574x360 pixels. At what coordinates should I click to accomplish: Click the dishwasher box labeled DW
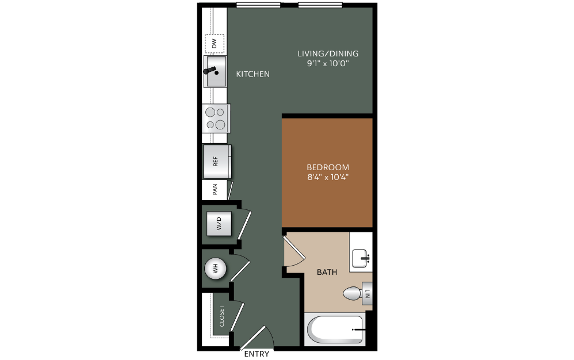pos(214,43)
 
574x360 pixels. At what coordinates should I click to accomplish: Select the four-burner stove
pos(216,118)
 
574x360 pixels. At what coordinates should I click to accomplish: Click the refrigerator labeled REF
pos(217,161)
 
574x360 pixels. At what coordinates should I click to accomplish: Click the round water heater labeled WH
pos(216,269)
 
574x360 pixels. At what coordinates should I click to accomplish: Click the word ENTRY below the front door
pos(257,354)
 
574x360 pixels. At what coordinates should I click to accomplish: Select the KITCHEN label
pos(252,74)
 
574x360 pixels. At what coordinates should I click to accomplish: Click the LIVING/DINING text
pos(328,53)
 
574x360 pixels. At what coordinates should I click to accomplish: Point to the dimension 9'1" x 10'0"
pos(328,63)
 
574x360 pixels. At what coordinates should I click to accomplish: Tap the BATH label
pos(327,272)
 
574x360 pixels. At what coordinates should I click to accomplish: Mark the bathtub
pos(335,330)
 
